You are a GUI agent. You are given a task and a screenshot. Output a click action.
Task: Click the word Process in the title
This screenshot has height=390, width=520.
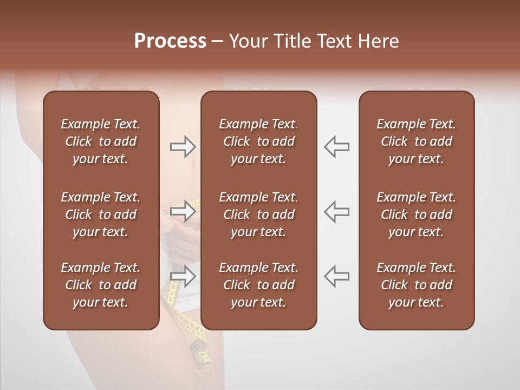click(170, 41)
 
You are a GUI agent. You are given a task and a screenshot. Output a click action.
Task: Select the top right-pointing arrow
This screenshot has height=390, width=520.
click(183, 146)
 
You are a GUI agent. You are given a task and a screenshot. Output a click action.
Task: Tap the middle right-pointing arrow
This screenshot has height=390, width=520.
click(183, 211)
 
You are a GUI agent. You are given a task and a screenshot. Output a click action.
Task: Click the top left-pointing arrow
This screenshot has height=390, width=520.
click(336, 146)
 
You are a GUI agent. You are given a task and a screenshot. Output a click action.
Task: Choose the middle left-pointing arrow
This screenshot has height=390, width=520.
click(336, 211)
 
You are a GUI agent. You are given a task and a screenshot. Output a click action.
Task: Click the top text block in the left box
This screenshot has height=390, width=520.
click(101, 141)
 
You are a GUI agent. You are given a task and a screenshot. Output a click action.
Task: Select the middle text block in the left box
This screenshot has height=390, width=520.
click(101, 214)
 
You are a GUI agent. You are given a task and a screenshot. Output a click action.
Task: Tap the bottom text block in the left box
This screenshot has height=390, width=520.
click(101, 285)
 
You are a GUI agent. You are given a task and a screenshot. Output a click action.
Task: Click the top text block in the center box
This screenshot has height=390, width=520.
click(258, 141)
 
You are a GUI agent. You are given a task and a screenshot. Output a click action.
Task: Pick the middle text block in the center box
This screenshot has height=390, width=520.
click(258, 214)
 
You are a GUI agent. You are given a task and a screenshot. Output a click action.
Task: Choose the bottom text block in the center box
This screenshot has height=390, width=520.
click(258, 285)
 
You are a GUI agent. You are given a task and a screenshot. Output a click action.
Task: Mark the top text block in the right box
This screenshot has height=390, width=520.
click(417, 141)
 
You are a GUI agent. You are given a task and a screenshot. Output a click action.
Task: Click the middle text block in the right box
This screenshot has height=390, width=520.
click(417, 214)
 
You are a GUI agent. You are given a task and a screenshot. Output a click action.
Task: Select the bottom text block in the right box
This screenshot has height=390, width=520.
click(417, 285)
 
